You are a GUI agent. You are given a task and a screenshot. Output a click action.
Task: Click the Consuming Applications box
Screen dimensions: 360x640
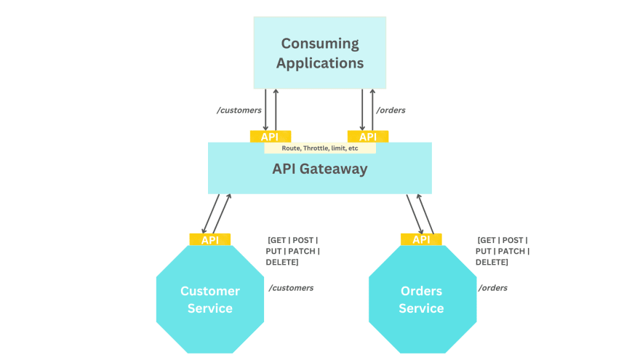[319, 52]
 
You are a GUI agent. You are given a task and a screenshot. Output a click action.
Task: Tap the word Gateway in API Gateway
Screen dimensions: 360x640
[340, 169]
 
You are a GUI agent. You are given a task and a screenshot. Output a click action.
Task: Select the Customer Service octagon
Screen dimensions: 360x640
[209, 299]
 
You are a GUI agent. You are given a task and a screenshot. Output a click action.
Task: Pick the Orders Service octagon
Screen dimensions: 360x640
[421, 299]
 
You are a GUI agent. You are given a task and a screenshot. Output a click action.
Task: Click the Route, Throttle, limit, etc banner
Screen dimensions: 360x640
[320, 148]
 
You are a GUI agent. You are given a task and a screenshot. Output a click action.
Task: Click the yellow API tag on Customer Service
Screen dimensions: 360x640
[209, 240]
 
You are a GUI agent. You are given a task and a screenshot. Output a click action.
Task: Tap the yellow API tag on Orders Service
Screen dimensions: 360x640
[421, 240]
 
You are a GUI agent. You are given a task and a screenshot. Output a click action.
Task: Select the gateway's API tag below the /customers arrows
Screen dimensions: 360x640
[270, 137]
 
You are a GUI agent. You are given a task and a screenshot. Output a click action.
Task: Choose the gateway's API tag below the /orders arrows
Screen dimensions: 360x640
[368, 137]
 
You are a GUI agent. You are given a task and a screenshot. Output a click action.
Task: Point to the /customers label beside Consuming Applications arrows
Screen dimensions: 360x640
[239, 110]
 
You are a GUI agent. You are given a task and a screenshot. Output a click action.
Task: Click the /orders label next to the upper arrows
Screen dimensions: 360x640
[391, 110]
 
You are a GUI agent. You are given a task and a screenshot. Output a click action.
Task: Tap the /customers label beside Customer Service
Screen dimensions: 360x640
[291, 288]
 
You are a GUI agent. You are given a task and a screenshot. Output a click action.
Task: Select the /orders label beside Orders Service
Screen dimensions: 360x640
[492, 288]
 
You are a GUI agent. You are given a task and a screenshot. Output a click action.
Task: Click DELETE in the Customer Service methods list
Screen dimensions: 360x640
[282, 262]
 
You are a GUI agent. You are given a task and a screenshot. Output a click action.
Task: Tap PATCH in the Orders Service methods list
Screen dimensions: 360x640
[512, 251]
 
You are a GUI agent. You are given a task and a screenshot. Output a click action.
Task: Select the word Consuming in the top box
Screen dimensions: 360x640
[320, 43]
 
